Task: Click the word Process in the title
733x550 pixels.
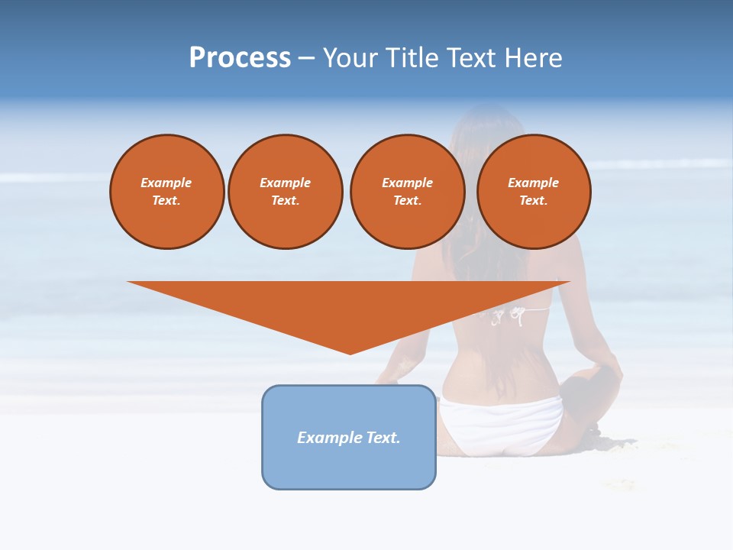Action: click(x=240, y=58)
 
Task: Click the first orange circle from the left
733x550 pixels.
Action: click(x=166, y=192)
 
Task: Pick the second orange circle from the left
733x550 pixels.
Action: click(x=285, y=192)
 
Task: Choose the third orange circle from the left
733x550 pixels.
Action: click(x=407, y=192)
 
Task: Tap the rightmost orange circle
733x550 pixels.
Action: click(x=533, y=192)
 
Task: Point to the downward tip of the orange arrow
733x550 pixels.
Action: click(x=350, y=352)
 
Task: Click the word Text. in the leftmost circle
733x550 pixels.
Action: click(x=166, y=201)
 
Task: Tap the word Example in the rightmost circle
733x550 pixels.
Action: click(x=533, y=183)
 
